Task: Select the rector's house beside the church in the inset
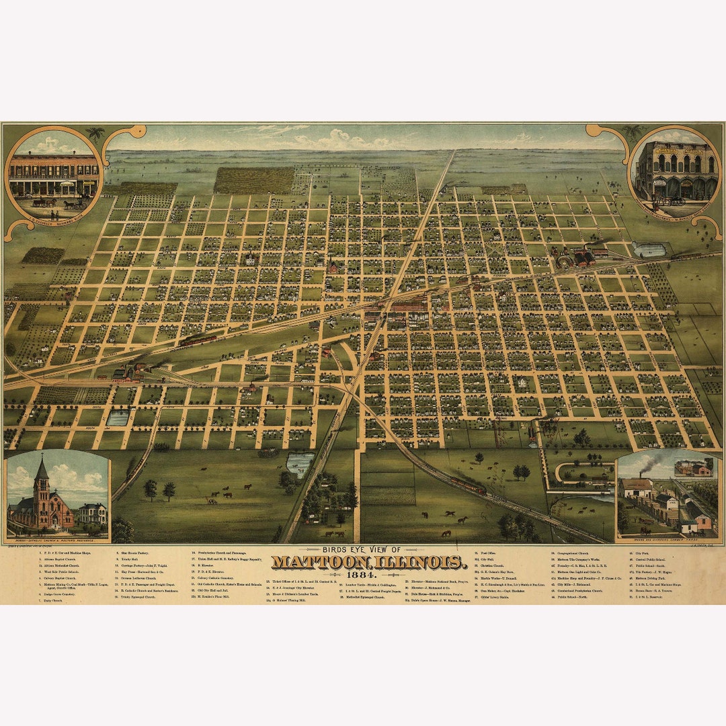coord(93,514)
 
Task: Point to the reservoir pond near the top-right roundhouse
coord(648,250)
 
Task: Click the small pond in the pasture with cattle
coord(300,463)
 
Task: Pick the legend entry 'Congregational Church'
coord(573,553)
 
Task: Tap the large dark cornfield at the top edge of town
coord(253,180)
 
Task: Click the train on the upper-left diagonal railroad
coord(198,340)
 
